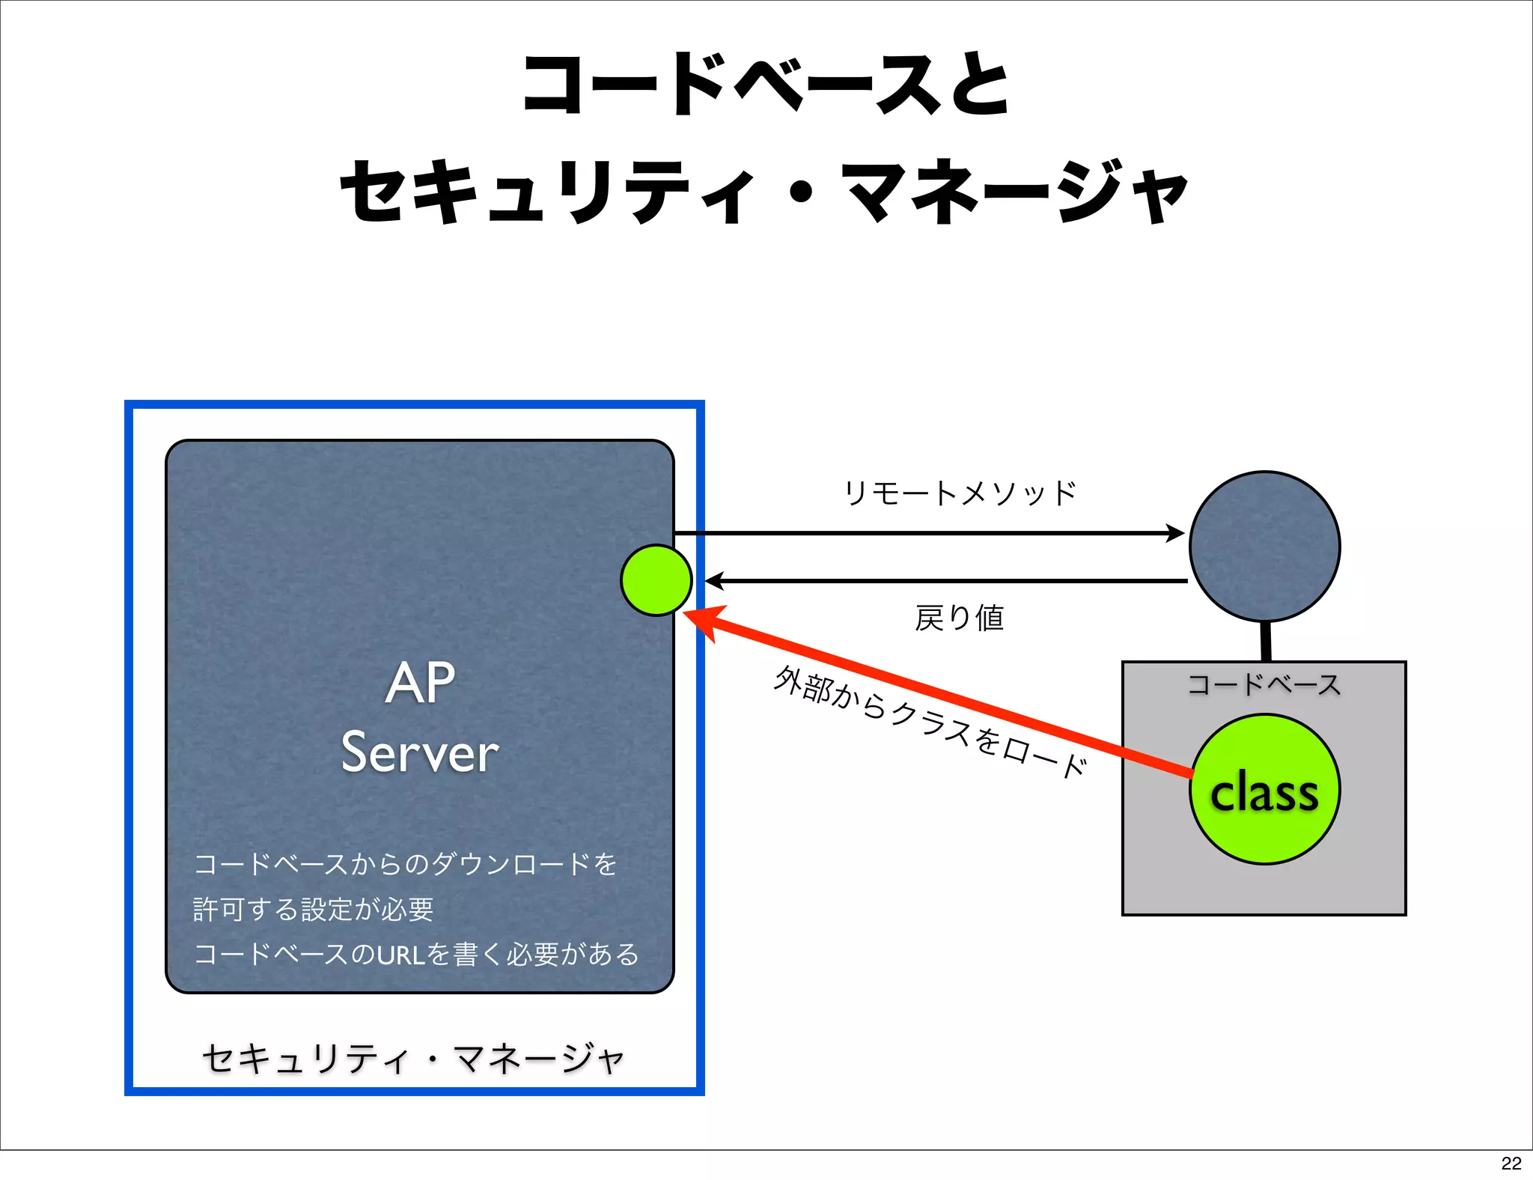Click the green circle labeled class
(x=1264, y=790)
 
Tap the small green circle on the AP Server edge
(x=656, y=580)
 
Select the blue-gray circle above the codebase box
(x=1264, y=546)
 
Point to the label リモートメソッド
(x=960, y=493)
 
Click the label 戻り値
(x=959, y=618)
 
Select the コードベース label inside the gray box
(x=1264, y=684)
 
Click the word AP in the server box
(x=420, y=683)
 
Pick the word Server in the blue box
(x=420, y=752)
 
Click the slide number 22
(x=1511, y=1163)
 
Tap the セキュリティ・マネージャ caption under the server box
(x=413, y=1059)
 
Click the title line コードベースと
(x=765, y=84)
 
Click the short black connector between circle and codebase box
(x=1266, y=641)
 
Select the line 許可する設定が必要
(x=314, y=909)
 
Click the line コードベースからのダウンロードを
(x=405, y=864)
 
